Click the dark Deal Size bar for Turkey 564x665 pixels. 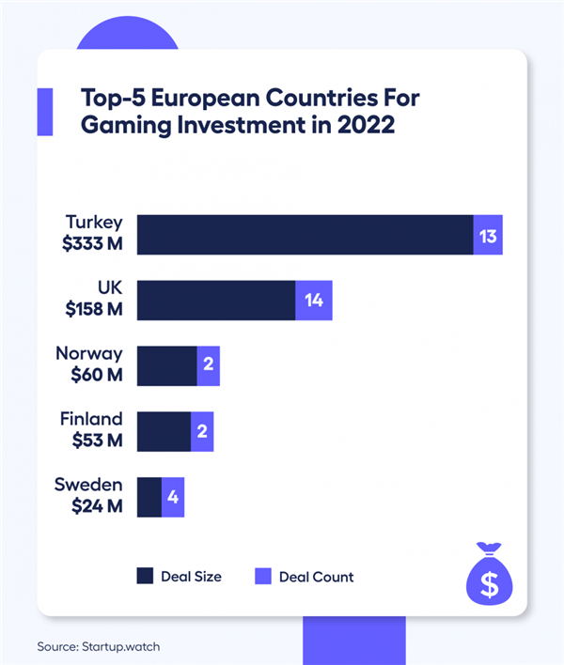(x=305, y=235)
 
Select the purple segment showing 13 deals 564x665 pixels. (x=488, y=235)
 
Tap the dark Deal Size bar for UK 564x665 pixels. (x=216, y=301)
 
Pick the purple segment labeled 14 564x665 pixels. (x=314, y=301)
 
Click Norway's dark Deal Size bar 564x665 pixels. (x=166, y=366)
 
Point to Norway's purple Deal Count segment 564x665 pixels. (x=209, y=366)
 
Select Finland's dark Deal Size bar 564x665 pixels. (x=164, y=432)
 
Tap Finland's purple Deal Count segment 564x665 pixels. (x=203, y=432)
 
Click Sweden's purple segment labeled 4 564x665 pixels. (x=173, y=497)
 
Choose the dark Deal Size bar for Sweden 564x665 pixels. (x=149, y=497)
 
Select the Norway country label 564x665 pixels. (x=89, y=354)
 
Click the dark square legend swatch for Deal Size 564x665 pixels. (x=146, y=576)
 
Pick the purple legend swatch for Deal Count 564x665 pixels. (x=263, y=576)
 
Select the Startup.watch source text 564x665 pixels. (x=126, y=646)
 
